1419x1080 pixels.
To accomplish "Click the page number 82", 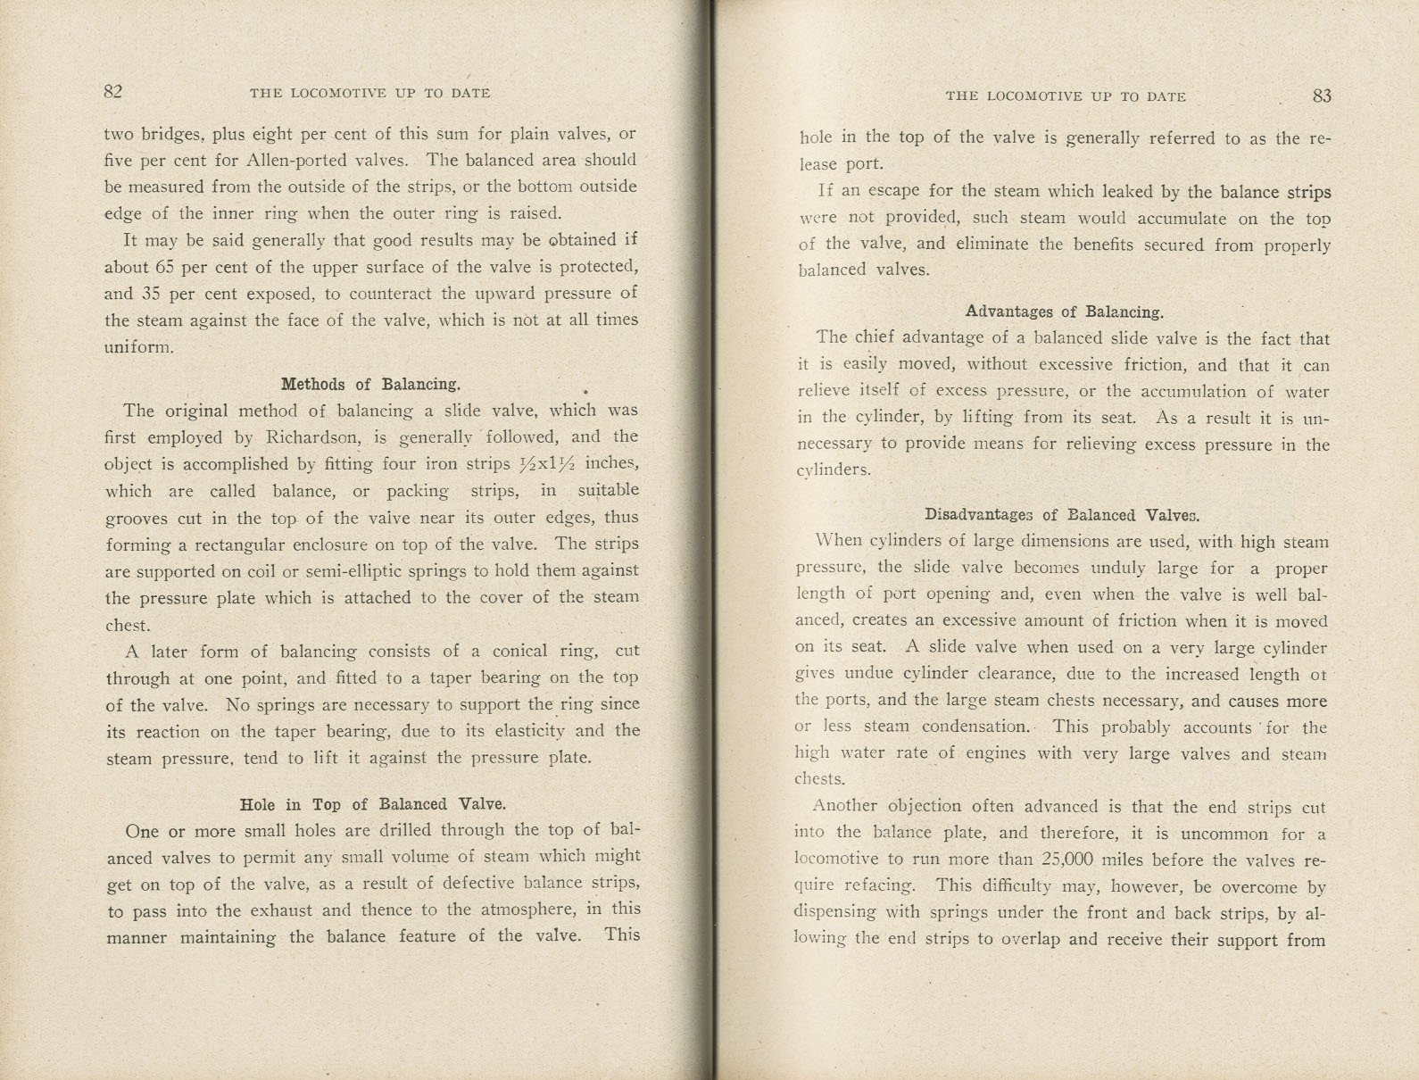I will tap(112, 92).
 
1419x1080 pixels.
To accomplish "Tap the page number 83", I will tap(1322, 96).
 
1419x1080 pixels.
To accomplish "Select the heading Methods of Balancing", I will tap(370, 385).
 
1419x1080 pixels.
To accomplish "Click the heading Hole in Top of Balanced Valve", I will tap(373, 804).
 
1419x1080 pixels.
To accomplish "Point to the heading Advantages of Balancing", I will tap(1065, 312).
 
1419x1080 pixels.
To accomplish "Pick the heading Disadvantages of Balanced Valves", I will tap(1062, 515).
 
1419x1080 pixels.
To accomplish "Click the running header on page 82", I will tap(369, 93).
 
